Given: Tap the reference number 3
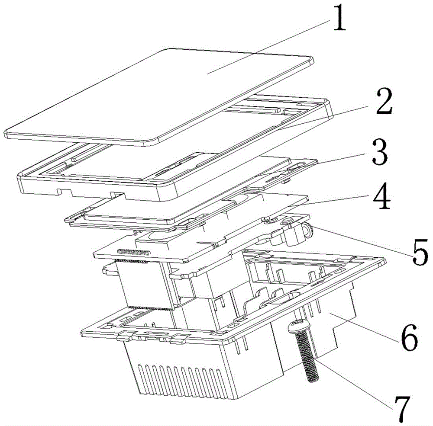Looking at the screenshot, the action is click(380, 152).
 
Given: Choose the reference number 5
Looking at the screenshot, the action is click(420, 252).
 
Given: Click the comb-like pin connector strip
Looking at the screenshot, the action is click(134, 252).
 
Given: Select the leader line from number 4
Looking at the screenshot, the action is click(335, 200).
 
